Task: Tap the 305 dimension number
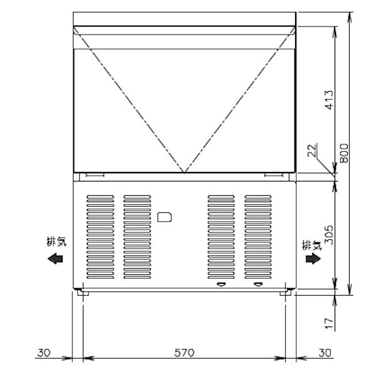point(329,235)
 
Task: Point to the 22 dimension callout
point(313,150)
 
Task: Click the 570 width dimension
point(183,353)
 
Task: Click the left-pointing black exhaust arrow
point(55,258)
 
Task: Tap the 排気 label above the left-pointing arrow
point(55,241)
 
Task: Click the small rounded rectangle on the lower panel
point(165,218)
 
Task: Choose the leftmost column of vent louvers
point(100,237)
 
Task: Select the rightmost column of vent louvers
point(258,237)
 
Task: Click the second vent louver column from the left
point(137,237)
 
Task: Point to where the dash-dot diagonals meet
point(184,173)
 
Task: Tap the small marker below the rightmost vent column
point(257,285)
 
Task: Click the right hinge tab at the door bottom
point(274,175)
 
